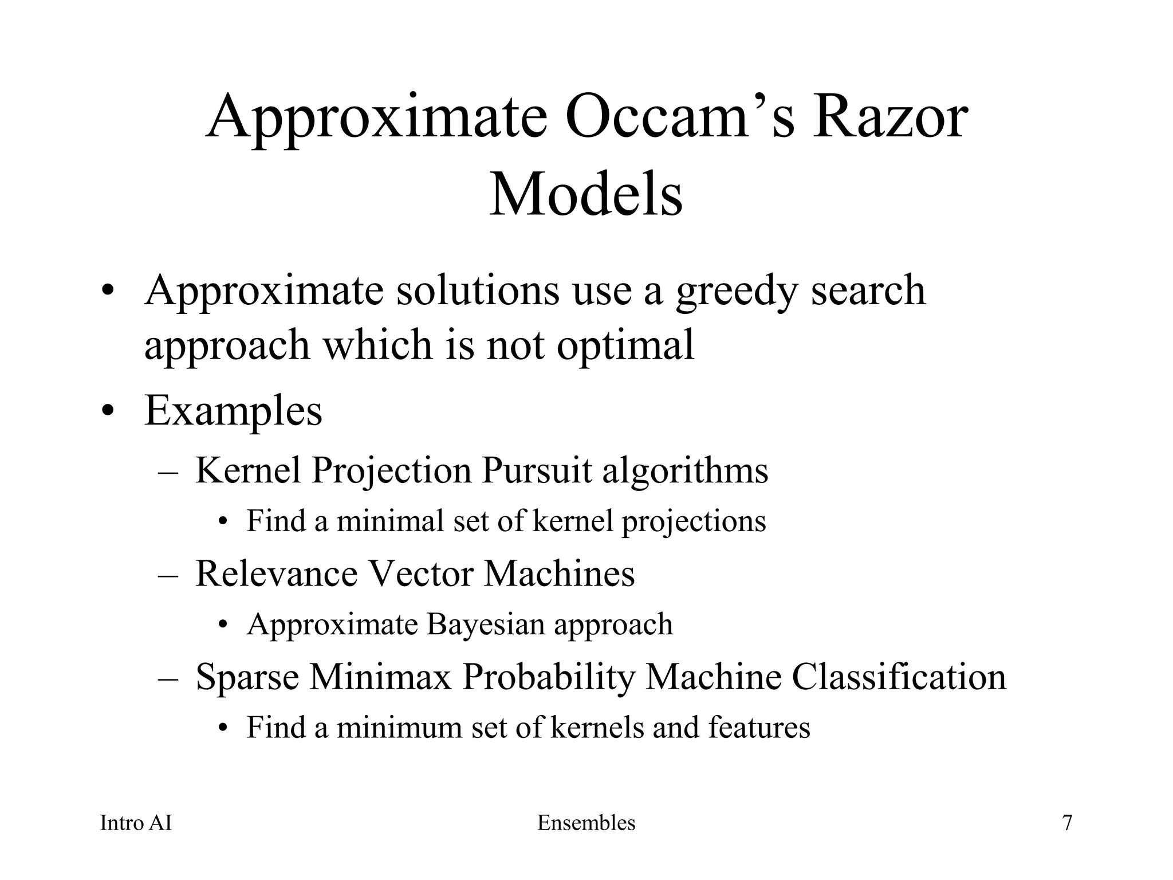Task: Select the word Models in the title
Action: (x=586, y=195)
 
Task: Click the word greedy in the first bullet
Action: (x=736, y=291)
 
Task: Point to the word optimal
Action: (x=625, y=345)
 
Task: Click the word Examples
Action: (x=233, y=411)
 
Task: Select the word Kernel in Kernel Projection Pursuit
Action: (x=247, y=470)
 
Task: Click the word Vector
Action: (x=420, y=573)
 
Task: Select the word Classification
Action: (x=899, y=677)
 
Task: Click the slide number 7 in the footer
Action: (x=1067, y=823)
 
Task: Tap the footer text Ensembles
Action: (x=586, y=823)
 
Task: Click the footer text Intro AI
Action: (x=136, y=823)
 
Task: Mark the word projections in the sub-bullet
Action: (x=694, y=522)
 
